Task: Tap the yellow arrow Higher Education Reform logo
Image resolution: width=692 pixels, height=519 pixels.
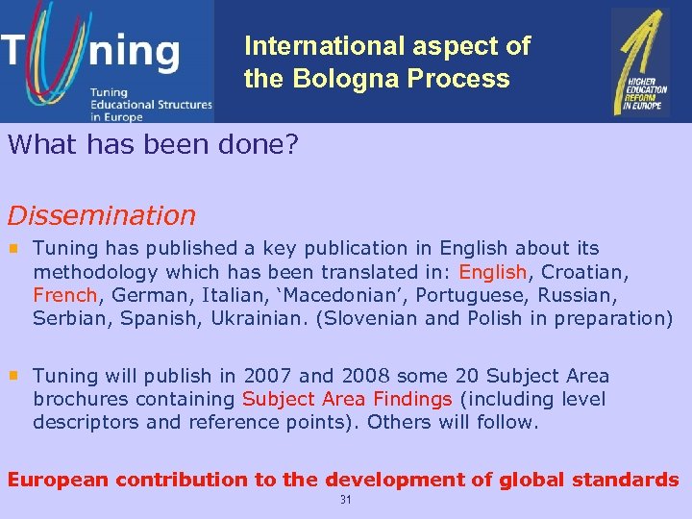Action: [641, 62]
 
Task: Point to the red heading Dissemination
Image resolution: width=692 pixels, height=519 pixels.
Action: [101, 215]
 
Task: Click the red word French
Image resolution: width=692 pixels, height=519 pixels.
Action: [65, 295]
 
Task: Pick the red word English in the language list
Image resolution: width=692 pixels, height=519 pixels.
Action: [493, 272]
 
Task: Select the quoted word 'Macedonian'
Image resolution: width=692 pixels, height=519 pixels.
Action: [316, 295]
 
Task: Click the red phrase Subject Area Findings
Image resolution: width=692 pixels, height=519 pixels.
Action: [347, 399]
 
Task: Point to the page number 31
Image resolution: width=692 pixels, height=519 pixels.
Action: [346, 501]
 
